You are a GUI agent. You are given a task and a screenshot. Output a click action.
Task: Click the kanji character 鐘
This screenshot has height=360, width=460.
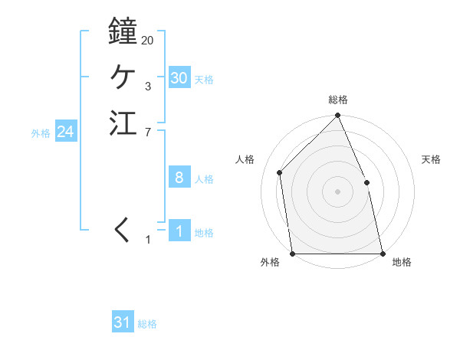(123, 31)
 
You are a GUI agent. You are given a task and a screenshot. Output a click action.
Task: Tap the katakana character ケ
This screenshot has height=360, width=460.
(123, 77)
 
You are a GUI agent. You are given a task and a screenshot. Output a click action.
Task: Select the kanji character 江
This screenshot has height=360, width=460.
(123, 123)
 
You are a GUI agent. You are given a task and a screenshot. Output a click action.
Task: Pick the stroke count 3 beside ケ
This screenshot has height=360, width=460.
(147, 87)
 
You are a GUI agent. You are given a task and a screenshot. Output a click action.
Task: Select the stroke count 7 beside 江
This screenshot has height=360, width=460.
(147, 133)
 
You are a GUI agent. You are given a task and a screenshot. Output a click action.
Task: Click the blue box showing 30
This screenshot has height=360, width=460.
(179, 78)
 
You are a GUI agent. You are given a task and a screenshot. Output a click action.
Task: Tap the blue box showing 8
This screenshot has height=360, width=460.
(179, 178)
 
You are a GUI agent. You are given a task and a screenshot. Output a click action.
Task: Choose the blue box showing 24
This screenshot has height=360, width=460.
(66, 132)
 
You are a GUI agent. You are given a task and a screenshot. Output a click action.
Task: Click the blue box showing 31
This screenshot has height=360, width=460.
(123, 322)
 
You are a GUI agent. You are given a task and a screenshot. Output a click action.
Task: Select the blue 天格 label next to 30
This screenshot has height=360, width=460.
(204, 80)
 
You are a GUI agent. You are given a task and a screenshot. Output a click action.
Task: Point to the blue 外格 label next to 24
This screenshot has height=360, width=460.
(41, 133)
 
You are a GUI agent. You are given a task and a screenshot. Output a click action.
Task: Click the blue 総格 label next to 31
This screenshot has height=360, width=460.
(147, 324)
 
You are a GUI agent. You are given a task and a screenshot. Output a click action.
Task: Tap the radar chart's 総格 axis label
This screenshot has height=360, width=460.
(338, 100)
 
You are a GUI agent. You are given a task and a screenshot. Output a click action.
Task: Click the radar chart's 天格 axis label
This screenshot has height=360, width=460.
(431, 159)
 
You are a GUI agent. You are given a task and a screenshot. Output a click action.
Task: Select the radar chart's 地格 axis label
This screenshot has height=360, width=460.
(402, 262)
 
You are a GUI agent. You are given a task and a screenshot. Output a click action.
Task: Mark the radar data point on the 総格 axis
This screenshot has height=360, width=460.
(338, 116)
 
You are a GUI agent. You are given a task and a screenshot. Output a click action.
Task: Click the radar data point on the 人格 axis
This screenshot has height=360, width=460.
(280, 172)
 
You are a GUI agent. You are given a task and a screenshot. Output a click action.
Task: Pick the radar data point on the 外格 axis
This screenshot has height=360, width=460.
(293, 254)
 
